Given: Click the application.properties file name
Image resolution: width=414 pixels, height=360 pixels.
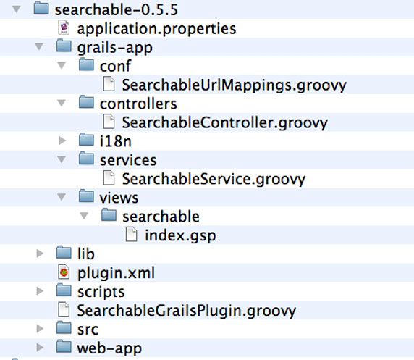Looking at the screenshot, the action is pos(156,29).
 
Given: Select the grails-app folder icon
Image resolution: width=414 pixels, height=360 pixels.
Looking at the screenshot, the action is pos(64,46).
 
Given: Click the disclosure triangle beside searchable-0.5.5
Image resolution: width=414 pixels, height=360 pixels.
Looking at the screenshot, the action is pos(17,9).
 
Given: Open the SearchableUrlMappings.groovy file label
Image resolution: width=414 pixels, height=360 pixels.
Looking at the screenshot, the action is pos(234,85).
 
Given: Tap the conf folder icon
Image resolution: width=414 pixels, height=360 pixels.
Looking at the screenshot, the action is pos(86,64).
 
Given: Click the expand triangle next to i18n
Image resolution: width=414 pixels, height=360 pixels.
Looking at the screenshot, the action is pos(62,141).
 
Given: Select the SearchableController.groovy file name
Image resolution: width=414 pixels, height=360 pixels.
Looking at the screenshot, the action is pos(224,123).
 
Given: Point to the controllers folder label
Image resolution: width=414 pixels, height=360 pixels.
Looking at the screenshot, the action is pos(138,104).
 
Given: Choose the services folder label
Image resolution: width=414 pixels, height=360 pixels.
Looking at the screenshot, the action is pos(128,160).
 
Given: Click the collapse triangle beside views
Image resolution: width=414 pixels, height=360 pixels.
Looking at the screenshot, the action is pos(62,197).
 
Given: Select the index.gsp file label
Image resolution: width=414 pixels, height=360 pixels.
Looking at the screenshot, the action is pos(180,235).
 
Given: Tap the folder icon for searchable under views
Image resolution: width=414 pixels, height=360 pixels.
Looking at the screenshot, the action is pos(109,214).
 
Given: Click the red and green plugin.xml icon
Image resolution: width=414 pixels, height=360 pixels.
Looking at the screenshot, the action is pos(64,272).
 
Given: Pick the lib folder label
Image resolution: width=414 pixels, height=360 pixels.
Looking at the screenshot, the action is pos(86,254).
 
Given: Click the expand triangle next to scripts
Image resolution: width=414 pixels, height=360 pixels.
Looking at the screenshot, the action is pos(40,290).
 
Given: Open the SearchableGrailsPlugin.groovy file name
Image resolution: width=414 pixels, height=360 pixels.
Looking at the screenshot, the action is pos(187,311).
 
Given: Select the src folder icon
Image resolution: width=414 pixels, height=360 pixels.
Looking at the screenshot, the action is pos(64,327).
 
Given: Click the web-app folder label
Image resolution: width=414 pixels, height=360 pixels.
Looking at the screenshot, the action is pos(109,348).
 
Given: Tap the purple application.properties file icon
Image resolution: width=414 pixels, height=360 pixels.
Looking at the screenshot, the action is pos(64,28).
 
